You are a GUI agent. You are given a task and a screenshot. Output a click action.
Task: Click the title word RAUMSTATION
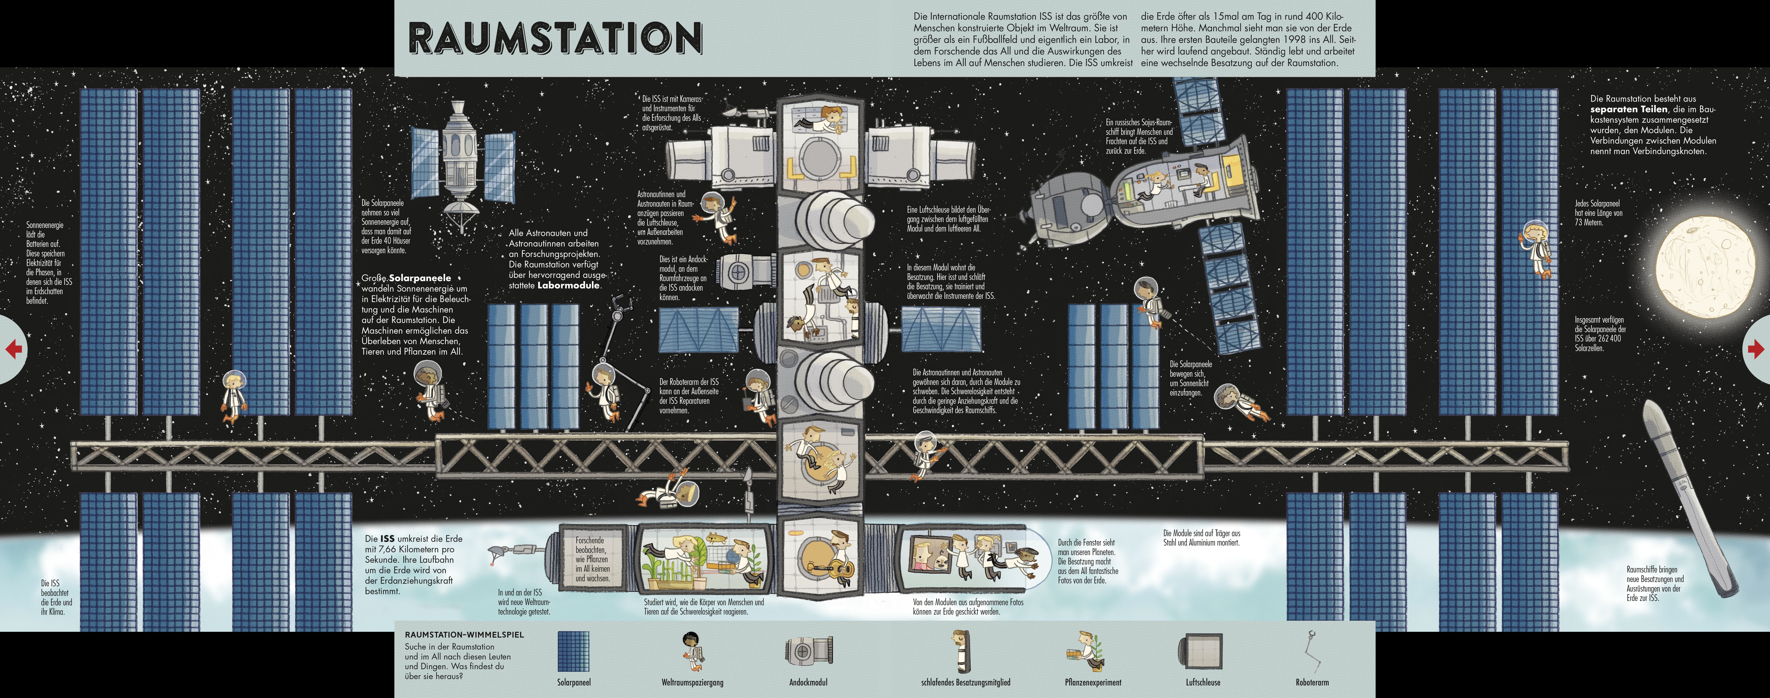pyautogui.click(x=555, y=38)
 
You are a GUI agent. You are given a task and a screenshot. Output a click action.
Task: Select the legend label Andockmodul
pyautogui.click(x=808, y=682)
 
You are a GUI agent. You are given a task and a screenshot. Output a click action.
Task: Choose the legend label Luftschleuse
pyautogui.click(x=1202, y=682)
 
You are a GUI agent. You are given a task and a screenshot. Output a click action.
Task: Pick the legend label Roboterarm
pyautogui.click(x=1312, y=682)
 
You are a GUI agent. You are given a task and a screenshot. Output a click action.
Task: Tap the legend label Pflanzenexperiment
pyautogui.click(x=1093, y=682)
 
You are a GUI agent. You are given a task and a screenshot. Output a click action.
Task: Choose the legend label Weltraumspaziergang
pyautogui.click(x=692, y=682)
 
